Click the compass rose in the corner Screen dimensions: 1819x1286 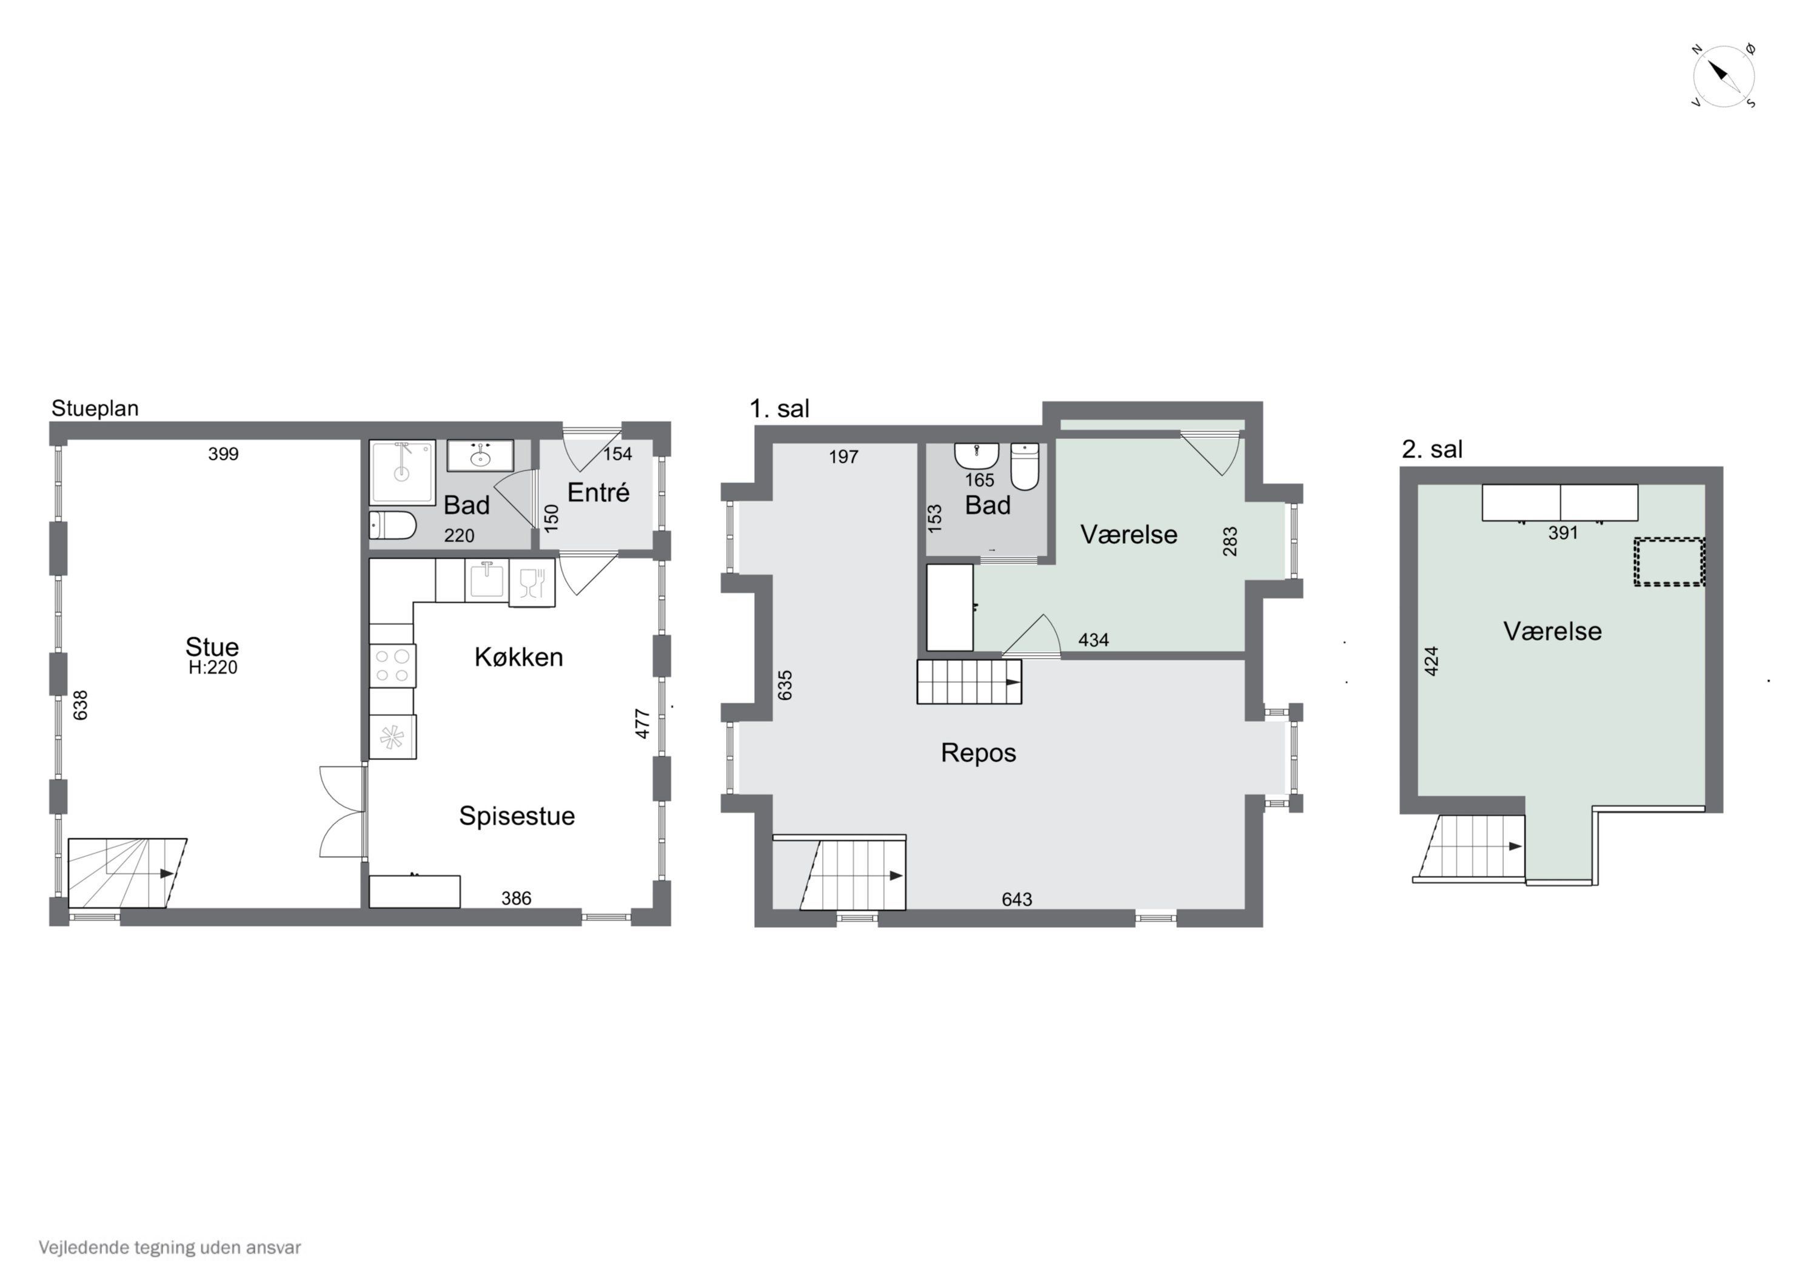pyautogui.click(x=1724, y=76)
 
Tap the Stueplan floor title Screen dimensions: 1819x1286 pyautogui.click(x=95, y=408)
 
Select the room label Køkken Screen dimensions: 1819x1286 pyautogui.click(x=519, y=657)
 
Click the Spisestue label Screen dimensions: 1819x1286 pyautogui.click(x=517, y=816)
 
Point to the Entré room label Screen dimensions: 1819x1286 pyautogui.click(x=598, y=492)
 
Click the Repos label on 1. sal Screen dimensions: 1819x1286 pyautogui.click(x=979, y=752)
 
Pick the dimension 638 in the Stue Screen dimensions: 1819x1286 pyautogui.click(x=80, y=705)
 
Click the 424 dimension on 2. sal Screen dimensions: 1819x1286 pyautogui.click(x=1431, y=661)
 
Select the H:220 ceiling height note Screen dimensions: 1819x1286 pyautogui.click(x=212, y=668)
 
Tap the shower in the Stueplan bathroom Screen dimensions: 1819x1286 pyautogui.click(x=403, y=472)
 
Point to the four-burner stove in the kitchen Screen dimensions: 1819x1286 pyautogui.click(x=392, y=666)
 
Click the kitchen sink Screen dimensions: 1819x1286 pyautogui.click(x=486, y=580)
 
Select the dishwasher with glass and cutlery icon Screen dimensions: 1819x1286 pyautogui.click(x=532, y=583)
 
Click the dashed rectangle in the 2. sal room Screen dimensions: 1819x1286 pyautogui.click(x=1669, y=562)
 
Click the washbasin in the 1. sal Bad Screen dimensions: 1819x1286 pyautogui.click(x=977, y=455)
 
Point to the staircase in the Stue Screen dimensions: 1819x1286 pyautogui.click(x=127, y=873)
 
